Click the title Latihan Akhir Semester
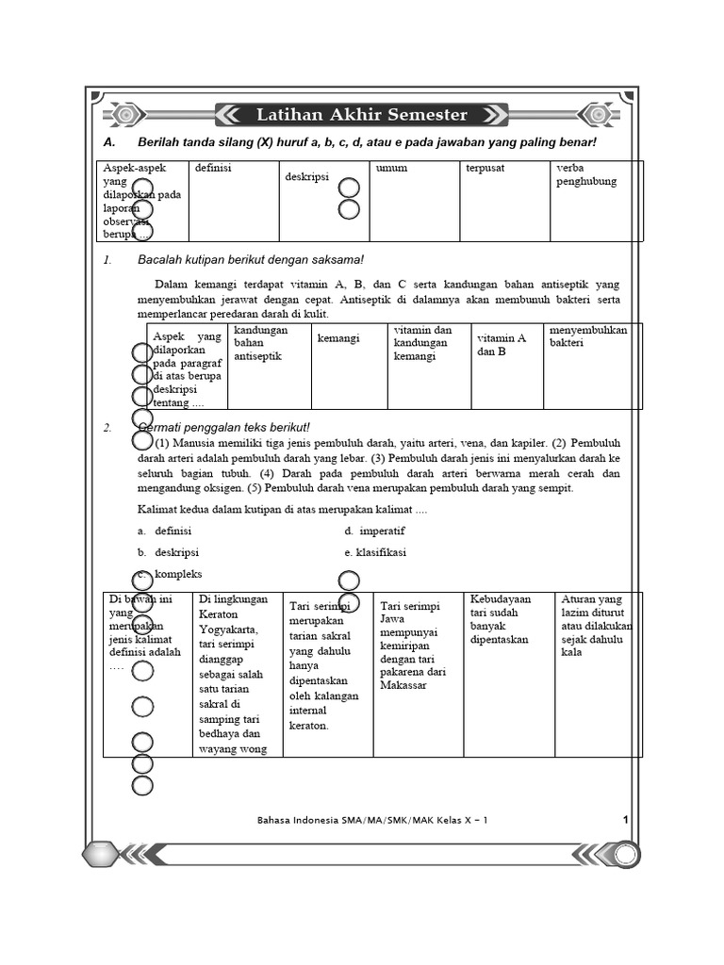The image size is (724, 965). tap(361, 115)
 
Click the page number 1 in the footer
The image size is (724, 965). tap(625, 820)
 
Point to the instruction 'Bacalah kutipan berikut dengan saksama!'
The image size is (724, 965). tap(250, 260)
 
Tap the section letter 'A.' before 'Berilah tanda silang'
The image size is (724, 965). tap(109, 142)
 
